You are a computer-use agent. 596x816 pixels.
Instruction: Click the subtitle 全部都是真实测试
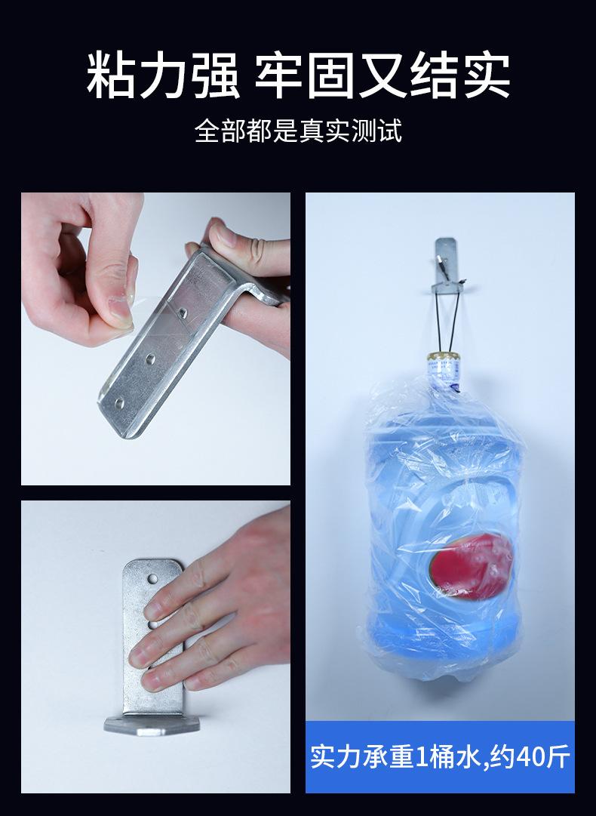click(x=298, y=131)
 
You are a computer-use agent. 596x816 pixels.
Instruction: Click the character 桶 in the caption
click(x=439, y=756)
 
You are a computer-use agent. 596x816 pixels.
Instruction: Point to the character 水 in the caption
click(x=465, y=756)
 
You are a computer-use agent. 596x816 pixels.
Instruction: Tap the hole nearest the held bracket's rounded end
click(x=119, y=402)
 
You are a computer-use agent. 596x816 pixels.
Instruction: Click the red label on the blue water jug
click(x=468, y=562)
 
